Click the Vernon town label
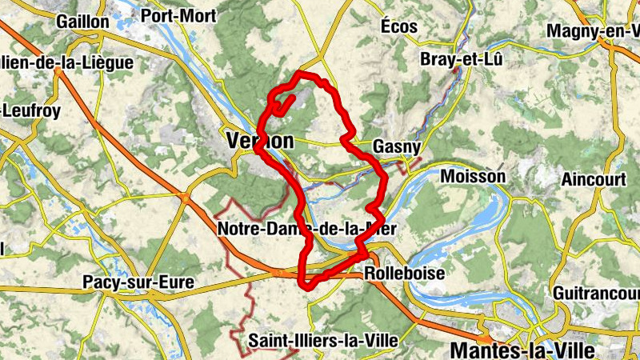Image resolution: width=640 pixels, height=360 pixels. tap(260, 141)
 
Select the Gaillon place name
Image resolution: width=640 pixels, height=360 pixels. tap(82, 22)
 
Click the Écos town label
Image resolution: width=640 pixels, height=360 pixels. tap(399, 26)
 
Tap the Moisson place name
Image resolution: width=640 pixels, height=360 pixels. tap(473, 176)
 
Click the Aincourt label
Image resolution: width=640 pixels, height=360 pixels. tap(593, 179)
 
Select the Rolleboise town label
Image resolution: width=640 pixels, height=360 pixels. tap(404, 273)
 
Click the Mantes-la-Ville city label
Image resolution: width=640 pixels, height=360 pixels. tap(523, 350)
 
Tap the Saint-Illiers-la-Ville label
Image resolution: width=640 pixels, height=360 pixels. tap(322, 340)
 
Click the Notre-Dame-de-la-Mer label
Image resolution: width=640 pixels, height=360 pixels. tap(307, 230)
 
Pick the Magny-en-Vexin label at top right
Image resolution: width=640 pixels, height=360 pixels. tap(593, 30)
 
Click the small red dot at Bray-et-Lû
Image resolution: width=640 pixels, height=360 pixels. tap(456, 71)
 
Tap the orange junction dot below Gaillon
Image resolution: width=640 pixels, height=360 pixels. tap(58, 71)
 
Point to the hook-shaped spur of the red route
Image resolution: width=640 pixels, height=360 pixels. tap(283, 104)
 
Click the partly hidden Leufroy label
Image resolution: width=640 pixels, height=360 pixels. tap(30, 111)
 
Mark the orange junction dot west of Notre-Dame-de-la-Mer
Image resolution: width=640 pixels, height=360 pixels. tap(185, 195)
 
